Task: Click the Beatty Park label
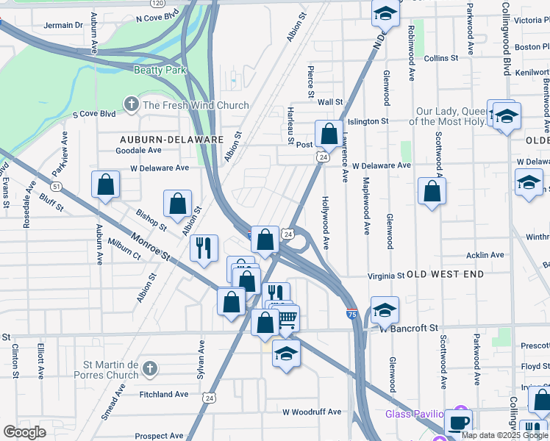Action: coord(160,71)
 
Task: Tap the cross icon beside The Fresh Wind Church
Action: coord(132,105)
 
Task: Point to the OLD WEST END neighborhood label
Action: coord(446,274)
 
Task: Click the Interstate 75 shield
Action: coord(352,315)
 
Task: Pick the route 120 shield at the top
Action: coord(156,3)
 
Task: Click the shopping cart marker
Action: coord(287,320)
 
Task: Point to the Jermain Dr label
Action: coord(63,25)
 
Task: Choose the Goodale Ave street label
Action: coord(138,150)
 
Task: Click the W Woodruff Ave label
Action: coord(312,412)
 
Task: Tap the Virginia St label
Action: coord(386,276)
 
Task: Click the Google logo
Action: coord(24,432)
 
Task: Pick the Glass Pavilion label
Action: coord(415,414)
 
